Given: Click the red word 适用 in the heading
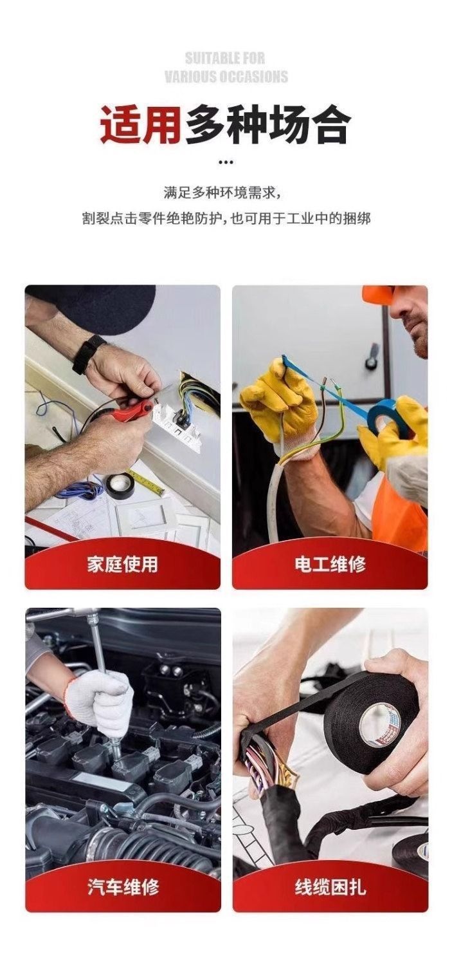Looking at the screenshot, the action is click(x=140, y=126).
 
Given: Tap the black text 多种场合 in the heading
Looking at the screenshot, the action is click(x=267, y=126).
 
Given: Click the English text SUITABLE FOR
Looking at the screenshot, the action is click(x=225, y=58).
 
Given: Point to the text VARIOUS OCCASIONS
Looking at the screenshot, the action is click(x=226, y=77).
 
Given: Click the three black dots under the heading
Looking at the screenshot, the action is click(x=226, y=162).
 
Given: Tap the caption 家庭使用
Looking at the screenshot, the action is click(x=122, y=565).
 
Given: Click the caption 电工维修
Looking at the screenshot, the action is click(x=330, y=565).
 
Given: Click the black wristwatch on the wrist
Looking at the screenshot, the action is click(x=87, y=354).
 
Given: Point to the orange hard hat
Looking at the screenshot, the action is click(x=377, y=294).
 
